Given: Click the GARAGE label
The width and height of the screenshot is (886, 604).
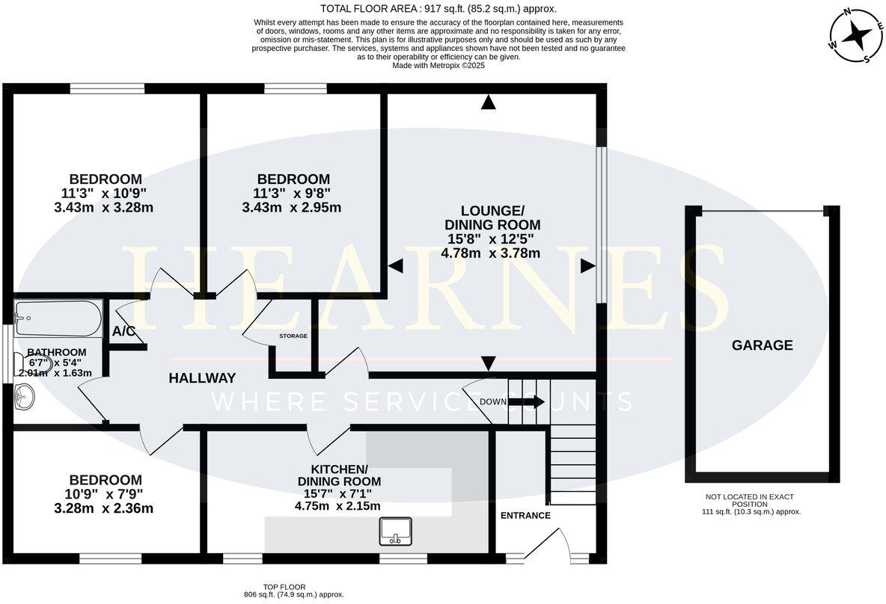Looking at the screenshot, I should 762,345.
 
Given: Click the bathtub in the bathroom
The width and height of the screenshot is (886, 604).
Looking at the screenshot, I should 58,319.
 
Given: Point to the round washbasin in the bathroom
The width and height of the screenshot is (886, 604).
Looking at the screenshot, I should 24,395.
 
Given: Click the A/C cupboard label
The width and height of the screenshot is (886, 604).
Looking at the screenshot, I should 124,331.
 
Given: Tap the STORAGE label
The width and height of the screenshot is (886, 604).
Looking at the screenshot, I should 293,336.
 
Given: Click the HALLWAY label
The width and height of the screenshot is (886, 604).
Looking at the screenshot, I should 202,378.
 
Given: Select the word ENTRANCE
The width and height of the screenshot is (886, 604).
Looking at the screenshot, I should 525,515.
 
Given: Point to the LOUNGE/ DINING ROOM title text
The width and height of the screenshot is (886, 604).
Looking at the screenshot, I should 492,218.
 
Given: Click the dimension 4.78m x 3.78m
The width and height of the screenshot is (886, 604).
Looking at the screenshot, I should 490,253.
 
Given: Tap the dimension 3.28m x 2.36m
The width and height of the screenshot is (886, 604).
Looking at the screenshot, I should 104,508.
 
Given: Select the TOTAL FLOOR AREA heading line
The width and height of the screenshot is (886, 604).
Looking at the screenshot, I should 439,9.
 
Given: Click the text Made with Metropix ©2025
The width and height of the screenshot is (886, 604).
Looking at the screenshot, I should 439,66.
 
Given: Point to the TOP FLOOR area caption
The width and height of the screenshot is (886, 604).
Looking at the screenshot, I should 294,591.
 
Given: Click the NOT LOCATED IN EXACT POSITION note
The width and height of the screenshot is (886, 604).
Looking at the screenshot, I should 749,500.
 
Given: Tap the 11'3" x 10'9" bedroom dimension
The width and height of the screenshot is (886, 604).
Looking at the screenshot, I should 104,194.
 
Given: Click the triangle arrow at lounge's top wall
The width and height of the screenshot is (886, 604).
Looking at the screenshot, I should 489,103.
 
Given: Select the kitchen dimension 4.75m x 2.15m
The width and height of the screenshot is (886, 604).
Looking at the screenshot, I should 337,506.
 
